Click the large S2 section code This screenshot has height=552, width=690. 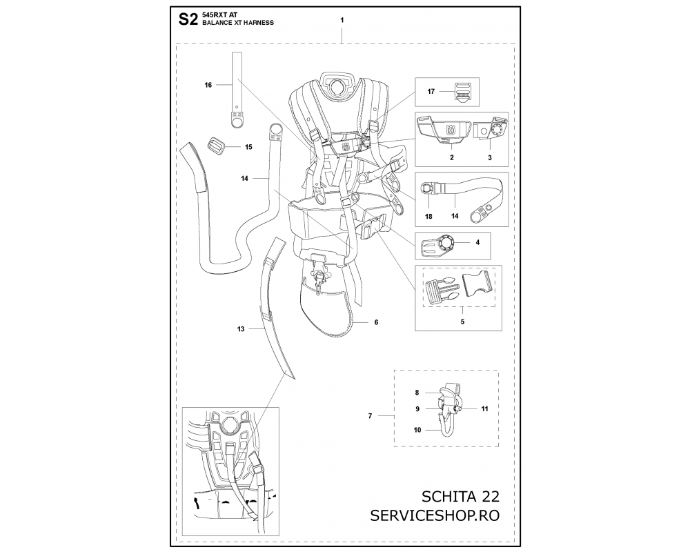pos(188,19)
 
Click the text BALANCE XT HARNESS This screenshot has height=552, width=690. pos(238,23)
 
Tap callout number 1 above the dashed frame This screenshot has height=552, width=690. pos(342,20)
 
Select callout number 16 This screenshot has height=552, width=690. pos(208,85)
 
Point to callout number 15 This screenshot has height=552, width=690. pos(248,147)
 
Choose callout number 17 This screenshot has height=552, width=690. pos(431,92)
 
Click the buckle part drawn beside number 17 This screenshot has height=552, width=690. pos(461,92)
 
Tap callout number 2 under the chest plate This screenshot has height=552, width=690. pos(451,157)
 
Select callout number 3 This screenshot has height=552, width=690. pos(490,157)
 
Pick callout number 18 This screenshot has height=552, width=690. pos(428,217)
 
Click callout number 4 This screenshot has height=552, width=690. pos(477,243)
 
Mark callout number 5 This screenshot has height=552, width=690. pos(462,322)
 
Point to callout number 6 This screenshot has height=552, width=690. pos(376,323)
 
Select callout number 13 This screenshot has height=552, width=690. pos(241,329)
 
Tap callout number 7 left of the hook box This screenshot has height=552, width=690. pos(370,416)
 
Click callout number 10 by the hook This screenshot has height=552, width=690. pos(417,430)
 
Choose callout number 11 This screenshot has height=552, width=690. pos(484,409)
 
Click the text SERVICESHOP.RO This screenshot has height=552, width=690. pos(435,515)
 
